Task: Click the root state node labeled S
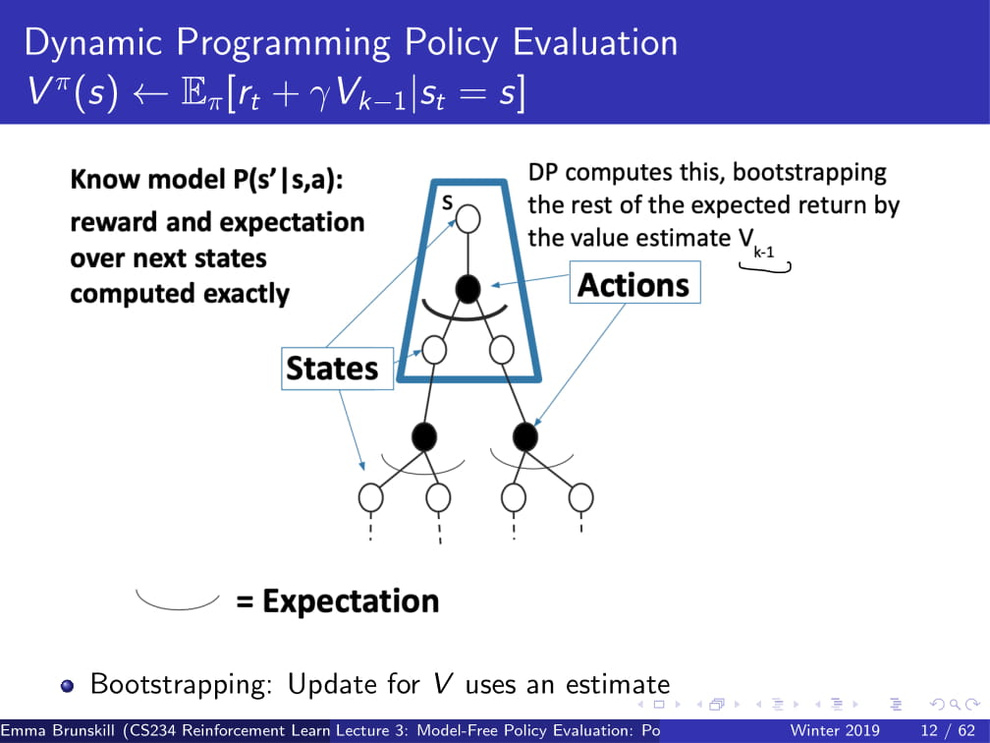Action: [x=467, y=219]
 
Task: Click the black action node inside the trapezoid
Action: [x=467, y=289]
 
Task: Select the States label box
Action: [x=337, y=369]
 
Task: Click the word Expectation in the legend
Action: [x=351, y=600]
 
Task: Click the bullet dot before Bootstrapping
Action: [x=67, y=686]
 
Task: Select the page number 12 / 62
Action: [x=948, y=731]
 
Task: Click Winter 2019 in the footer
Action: [x=834, y=731]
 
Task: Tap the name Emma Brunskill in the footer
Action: [x=58, y=731]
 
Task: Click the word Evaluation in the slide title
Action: [x=595, y=43]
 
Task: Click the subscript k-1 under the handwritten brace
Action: [x=763, y=253]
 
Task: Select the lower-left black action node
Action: [x=424, y=436]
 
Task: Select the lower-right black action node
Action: [x=525, y=436]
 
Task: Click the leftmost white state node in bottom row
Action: [x=370, y=498]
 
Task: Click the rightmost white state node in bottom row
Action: [x=580, y=498]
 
